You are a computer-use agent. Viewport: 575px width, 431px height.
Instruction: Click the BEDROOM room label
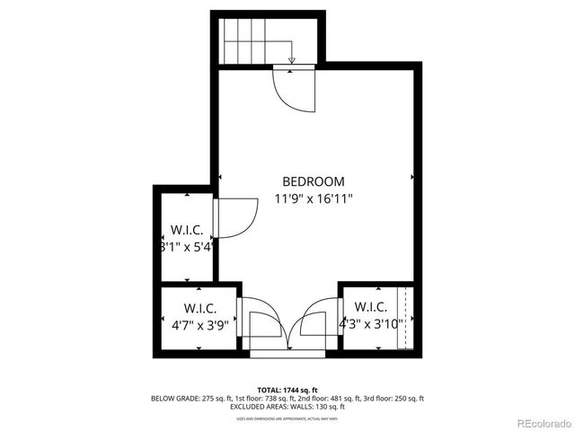point(313,180)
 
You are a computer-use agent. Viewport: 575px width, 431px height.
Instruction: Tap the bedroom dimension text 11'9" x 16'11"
point(313,199)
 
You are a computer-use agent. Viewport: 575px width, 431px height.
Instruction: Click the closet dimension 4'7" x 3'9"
point(199,326)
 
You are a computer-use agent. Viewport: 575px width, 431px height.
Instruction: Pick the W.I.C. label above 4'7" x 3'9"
point(199,307)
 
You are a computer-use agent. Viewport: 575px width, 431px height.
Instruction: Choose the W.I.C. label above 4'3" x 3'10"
point(368,307)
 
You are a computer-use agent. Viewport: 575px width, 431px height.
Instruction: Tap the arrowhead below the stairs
point(292,62)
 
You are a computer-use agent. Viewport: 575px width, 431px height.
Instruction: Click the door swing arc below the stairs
point(292,90)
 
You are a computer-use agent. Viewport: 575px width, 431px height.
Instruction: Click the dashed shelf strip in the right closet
point(405,319)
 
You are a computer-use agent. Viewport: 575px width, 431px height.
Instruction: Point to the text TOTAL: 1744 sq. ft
point(287,389)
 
